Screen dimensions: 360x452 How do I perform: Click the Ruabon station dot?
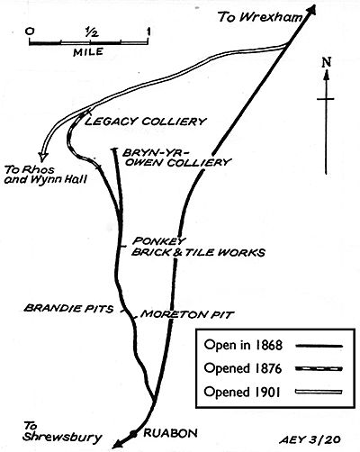click(133, 433)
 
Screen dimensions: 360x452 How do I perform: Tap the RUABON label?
click(171, 433)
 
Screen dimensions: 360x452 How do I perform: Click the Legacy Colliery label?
click(146, 122)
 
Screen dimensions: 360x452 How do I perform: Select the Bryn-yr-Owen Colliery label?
click(176, 158)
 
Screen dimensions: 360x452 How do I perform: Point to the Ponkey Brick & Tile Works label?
click(198, 247)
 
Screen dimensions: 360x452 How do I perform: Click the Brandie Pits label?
click(68, 308)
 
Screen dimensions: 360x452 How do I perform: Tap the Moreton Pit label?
click(186, 314)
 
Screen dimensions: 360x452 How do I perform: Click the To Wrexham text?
click(260, 17)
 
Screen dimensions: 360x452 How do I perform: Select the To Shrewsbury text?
click(62, 432)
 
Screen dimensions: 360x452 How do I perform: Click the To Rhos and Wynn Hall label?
click(46, 175)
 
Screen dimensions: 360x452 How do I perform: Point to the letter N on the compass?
click(327, 62)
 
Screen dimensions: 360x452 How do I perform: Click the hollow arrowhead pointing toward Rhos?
click(43, 156)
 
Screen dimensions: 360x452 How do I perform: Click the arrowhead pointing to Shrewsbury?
click(119, 443)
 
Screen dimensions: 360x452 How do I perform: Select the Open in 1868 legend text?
click(243, 345)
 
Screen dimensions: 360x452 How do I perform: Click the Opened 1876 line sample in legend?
click(319, 368)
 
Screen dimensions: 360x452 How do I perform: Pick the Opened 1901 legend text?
click(242, 392)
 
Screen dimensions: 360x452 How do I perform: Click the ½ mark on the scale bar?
click(91, 32)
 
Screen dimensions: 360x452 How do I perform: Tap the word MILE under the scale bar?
click(88, 52)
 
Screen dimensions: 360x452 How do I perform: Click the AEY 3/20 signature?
click(310, 439)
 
